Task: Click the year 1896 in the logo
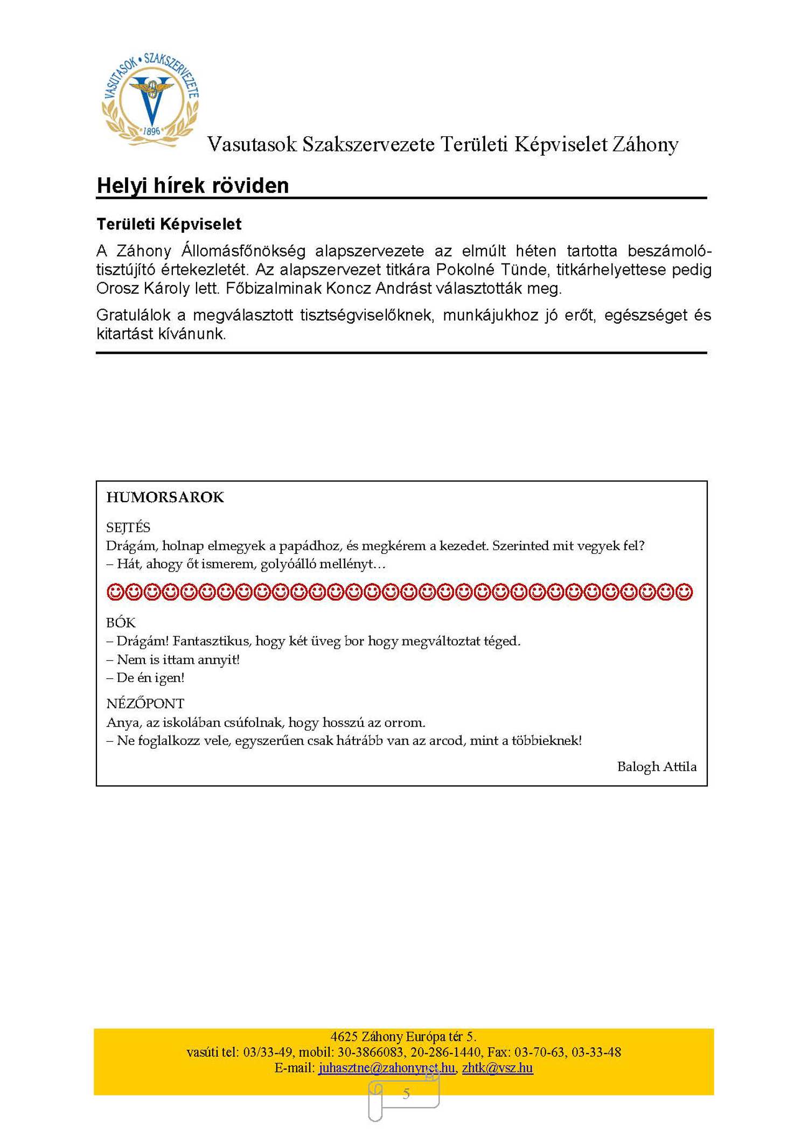click(151, 131)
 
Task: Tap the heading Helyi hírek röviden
click(192, 185)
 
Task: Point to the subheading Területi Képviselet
click(169, 224)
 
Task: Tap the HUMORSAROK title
click(165, 497)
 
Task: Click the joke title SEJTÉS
click(128, 527)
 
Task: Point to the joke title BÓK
click(121, 623)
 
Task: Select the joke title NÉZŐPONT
click(145, 704)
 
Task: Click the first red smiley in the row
click(115, 592)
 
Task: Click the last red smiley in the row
click(684, 592)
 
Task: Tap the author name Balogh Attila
click(657, 767)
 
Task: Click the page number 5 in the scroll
click(406, 1094)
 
